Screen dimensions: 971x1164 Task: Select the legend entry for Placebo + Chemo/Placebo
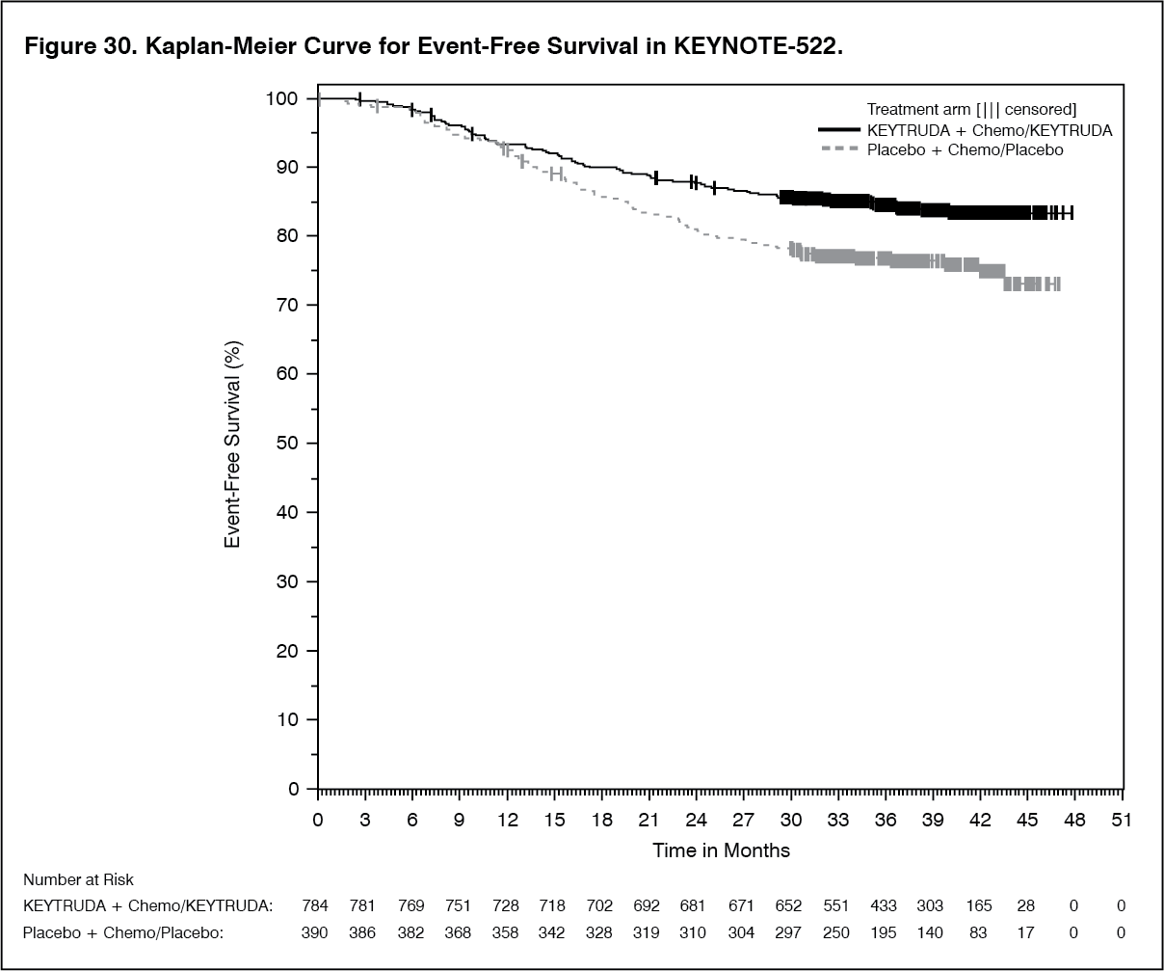[x=965, y=149]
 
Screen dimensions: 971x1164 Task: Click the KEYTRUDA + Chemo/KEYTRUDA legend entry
[x=990, y=130]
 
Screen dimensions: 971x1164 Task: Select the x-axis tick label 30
[x=790, y=820]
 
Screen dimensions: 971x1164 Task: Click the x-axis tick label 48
[x=1074, y=820]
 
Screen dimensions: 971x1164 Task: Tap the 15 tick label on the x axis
[x=554, y=820]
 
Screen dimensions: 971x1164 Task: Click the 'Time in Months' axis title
[x=721, y=850]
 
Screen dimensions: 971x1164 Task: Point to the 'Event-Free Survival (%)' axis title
[x=231, y=444]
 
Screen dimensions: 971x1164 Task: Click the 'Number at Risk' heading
[x=79, y=879]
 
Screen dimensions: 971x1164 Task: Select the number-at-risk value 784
[x=317, y=906]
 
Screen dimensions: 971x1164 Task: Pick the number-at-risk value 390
[x=317, y=932]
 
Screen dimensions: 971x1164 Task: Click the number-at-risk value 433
[x=885, y=906]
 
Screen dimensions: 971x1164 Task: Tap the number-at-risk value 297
[x=790, y=932]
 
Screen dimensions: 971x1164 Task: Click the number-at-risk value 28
[x=1026, y=906]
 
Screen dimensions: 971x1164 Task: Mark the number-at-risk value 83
[x=979, y=932]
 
